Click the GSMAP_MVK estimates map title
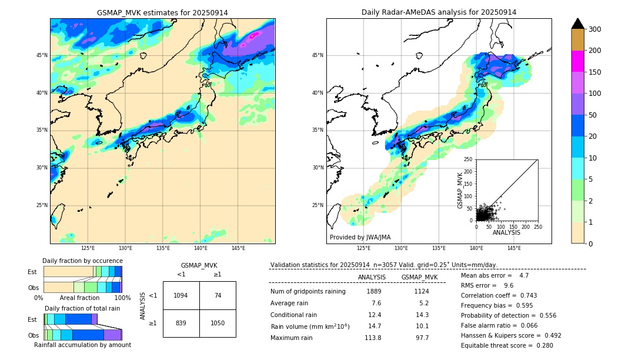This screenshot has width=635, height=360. click(162, 12)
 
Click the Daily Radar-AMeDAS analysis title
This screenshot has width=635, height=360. click(439, 12)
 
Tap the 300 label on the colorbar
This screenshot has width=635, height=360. click(594, 29)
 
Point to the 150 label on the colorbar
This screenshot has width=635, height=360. click(594, 72)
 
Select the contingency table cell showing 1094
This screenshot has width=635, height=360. click(181, 295)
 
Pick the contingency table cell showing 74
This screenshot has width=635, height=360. click(218, 295)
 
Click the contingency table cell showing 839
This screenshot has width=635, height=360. click(181, 323)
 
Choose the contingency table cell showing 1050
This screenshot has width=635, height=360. click(218, 323)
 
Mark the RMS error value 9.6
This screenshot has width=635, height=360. click(508, 285)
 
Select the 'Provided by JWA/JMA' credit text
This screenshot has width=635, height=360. click(360, 237)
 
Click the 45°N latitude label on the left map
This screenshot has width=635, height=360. click(42, 55)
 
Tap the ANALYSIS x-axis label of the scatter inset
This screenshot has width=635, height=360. click(506, 232)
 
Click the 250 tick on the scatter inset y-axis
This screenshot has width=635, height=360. click(469, 159)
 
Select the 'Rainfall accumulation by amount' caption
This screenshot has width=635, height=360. click(82, 345)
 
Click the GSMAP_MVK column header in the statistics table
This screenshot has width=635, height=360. click(419, 277)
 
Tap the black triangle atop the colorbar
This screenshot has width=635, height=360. click(577, 24)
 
